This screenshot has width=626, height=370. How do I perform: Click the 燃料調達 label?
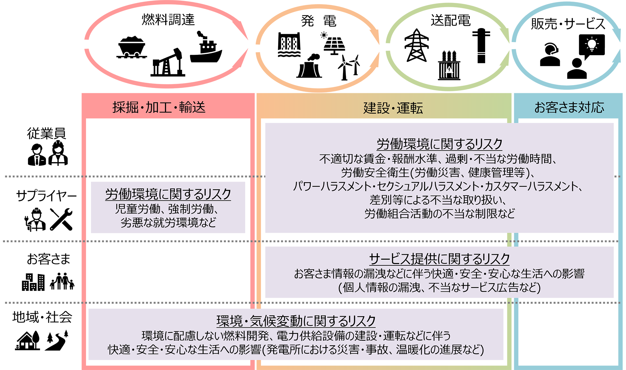point(168,20)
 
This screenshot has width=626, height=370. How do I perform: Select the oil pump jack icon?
point(168,63)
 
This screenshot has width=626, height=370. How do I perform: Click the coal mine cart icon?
point(131,47)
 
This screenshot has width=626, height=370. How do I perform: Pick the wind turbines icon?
point(349,67)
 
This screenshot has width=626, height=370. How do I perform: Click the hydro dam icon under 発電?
point(289,45)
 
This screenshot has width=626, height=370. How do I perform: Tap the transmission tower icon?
point(416,45)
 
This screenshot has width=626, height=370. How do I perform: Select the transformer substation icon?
point(449,66)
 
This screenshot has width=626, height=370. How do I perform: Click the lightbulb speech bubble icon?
point(591,46)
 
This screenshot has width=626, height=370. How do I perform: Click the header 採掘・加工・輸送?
point(159,107)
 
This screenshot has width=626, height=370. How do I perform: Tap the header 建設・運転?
point(393,108)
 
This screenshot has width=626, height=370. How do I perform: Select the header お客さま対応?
point(569,107)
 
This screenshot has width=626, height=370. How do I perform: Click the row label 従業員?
point(46,133)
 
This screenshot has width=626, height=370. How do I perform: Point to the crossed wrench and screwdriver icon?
point(61,219)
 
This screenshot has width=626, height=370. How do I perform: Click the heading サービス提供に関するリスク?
point(439,259)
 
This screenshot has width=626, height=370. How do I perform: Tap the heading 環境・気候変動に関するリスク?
point(296,321)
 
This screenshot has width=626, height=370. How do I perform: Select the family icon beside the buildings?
point(62,281)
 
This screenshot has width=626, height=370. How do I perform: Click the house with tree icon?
point(28,340)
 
